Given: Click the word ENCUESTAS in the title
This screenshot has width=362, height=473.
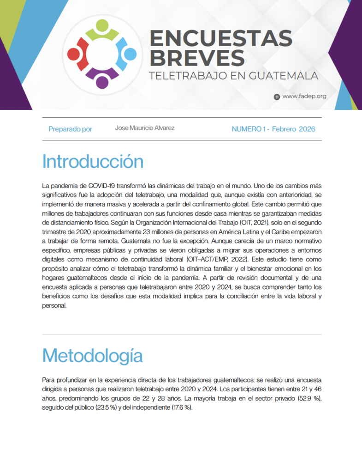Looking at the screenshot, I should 221,38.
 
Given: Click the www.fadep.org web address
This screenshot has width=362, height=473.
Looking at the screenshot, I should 304,97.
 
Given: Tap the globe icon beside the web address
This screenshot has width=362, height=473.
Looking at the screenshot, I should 277,97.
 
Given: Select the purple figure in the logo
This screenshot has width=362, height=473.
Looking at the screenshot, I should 102,77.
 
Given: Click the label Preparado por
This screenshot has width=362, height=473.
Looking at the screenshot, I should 70,129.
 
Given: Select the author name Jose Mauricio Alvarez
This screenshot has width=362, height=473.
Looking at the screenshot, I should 145,128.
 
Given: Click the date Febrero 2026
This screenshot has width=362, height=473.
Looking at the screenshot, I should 294,129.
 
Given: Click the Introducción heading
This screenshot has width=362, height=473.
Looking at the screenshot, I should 93,162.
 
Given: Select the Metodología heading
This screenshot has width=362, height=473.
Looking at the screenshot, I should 92,356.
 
